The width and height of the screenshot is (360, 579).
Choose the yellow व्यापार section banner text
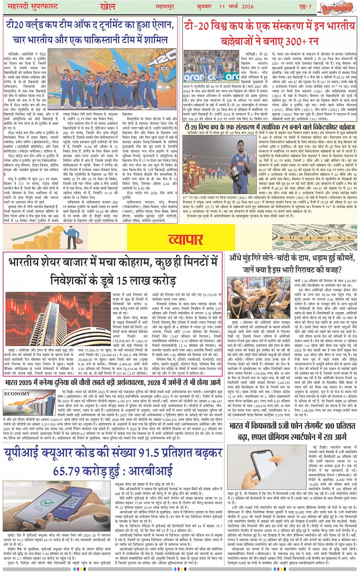coord(186,239)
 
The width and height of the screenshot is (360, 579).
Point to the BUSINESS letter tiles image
coord(314,237)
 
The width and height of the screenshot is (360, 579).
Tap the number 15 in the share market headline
coord(122,281)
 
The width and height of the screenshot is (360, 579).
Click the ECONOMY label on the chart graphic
coord(17,394)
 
